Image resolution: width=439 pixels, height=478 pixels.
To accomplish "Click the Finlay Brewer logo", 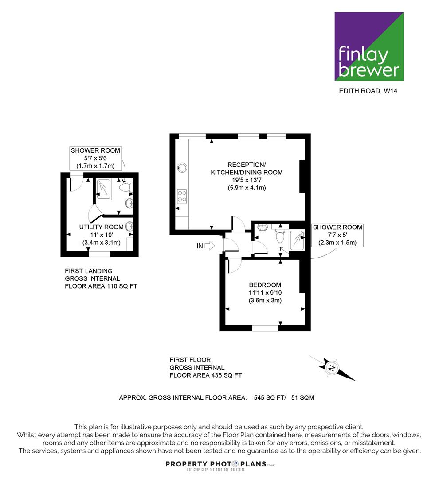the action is [x=369, y=46].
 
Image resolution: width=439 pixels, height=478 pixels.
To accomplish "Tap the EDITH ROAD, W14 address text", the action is [x=368, y=91].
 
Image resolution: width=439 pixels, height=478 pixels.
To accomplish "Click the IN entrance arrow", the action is [x=210, y=246].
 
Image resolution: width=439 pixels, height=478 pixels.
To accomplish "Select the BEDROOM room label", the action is [x=265, y=285].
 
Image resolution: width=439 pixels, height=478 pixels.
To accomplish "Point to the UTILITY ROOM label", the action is [x=102, y=227].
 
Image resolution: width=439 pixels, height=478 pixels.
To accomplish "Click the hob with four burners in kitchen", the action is [x=182, y=196].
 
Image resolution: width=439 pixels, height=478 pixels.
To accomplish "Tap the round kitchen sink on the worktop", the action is [x=182, y=167].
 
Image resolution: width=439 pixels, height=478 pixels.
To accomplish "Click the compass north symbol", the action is [x=332, y=368].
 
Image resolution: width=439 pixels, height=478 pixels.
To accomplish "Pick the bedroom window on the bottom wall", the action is [x=265, y=328].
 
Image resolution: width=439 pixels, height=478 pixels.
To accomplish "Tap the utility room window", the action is [x=100, y=254].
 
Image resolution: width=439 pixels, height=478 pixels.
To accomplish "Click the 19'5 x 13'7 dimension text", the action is [x=247, y=180].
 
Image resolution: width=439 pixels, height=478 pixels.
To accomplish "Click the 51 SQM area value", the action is [x=303, y=398].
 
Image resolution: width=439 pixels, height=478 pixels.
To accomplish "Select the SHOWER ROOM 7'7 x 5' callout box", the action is [x=337, y=235].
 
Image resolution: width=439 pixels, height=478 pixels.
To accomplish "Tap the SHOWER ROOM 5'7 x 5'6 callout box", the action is [x=95, y=158].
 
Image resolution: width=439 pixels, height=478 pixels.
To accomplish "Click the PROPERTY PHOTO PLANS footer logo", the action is [x=220, y=466].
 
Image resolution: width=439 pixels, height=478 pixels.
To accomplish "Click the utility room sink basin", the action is [x=129, y=227].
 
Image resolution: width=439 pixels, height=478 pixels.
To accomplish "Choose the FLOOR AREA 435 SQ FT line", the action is [x=206, y=375].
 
